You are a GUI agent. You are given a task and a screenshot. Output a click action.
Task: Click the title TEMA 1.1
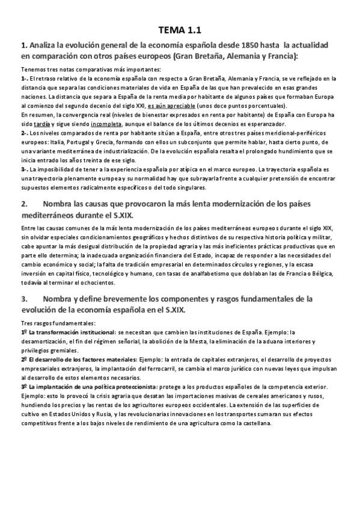[x=180, y=29]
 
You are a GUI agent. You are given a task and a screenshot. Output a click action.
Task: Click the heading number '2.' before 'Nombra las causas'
[x=25, y=204]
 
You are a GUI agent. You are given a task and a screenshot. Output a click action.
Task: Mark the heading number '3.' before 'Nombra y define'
[x=25, y=299]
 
